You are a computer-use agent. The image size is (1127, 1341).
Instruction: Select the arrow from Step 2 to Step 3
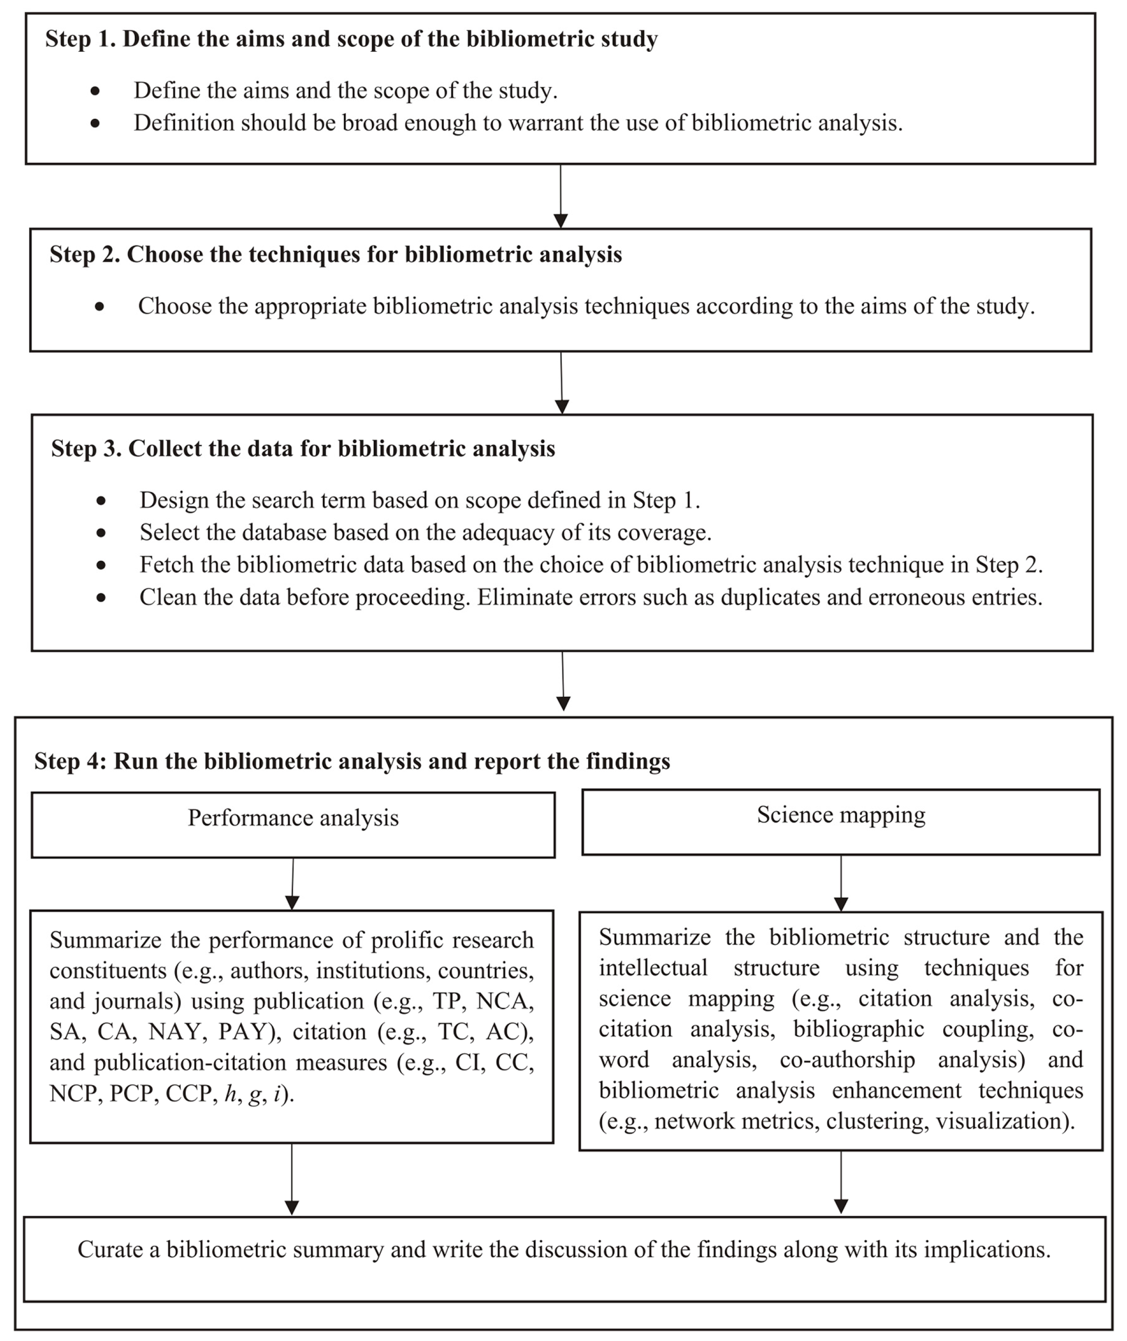tap(561, 382)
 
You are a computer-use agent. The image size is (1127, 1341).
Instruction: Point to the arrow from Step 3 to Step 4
tap(563, 681)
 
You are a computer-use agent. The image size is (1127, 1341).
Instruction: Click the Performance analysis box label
tap(293, 818)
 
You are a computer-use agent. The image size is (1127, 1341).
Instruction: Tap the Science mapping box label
tap(841, 815)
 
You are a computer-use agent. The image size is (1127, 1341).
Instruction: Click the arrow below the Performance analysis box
tap(293, 884)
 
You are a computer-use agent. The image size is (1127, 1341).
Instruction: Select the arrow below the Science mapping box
tap(841, 883)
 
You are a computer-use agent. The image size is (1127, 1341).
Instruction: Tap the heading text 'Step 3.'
tap(86, 449)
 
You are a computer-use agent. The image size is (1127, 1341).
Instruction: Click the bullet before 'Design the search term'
tap(101, 501)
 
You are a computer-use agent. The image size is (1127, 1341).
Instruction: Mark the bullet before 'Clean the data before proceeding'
tap(101, 598)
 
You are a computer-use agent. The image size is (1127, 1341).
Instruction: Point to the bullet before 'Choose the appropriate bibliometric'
tap(99, 306)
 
